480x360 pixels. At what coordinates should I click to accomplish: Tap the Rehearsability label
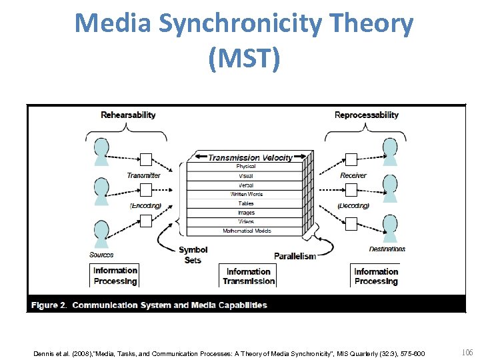(128, 115)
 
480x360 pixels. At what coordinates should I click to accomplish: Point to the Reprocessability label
(366, 115)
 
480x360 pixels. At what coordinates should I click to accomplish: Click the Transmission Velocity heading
(250, 158)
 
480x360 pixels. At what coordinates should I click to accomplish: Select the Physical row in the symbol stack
(245, 167)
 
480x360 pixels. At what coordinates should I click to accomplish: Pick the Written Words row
(246, 194)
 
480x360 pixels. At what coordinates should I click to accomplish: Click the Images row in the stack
(246, 213)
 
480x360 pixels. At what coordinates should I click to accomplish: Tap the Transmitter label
(143, 175)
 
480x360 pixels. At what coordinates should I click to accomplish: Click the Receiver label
(353, 175)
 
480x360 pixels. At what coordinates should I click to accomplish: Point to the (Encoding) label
(145, 205)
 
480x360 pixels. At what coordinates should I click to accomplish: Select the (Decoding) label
(353, 205)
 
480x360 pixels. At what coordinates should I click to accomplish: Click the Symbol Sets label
(193, 255)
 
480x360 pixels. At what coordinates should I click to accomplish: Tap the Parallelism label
(295, 256)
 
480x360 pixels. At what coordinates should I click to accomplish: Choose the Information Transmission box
(248, 276)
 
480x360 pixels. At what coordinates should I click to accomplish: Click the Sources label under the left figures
(101, 255)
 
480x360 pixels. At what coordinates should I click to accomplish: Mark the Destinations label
(387, 249)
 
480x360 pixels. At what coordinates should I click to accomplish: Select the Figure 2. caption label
(49, 305)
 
